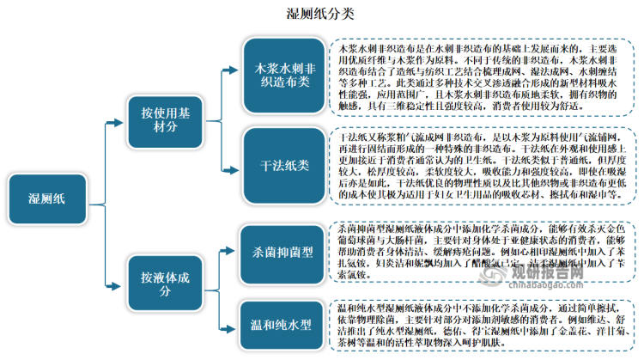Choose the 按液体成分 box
[164, 279]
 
